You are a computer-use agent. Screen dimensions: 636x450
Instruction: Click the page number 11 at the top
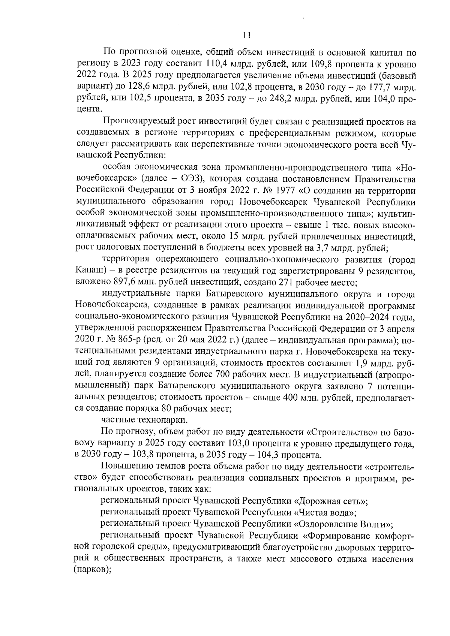point(246,36)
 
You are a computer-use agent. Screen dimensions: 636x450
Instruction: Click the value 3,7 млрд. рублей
point(352,248)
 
